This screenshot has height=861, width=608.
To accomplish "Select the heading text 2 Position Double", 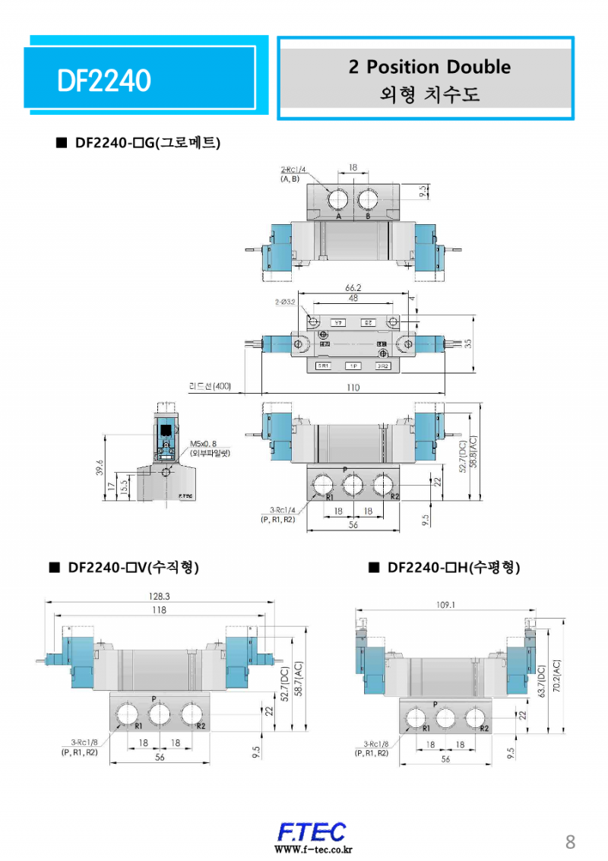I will pos(429,67).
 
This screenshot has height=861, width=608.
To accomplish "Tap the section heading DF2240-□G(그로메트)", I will pos(148,143).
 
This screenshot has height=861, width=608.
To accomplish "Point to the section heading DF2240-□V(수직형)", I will pos(133,567).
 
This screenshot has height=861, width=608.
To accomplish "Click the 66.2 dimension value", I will pos(353,288).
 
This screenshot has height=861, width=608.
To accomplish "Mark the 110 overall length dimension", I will pos(353,388).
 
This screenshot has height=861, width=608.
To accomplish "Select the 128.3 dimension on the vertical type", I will pos(159,597).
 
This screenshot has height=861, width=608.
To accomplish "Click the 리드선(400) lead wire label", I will pos(210,386).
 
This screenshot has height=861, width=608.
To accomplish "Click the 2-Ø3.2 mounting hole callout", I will pos(287,302).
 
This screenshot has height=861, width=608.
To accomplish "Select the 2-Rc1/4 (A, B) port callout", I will pos(294,174).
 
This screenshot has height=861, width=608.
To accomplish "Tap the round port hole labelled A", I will pos(339,200).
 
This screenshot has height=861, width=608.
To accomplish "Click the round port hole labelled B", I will pos(369,200).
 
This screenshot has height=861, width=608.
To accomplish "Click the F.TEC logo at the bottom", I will pos(312,831).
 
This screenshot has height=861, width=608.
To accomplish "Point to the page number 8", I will pos(570,841).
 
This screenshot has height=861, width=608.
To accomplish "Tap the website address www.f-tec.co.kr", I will pos(312,850).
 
